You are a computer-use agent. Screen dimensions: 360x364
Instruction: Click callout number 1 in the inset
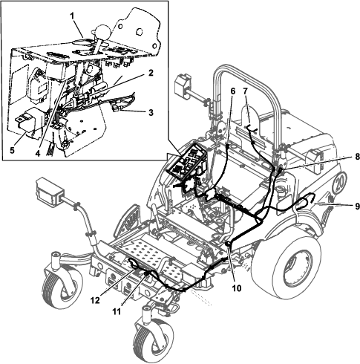(x=72, y=16)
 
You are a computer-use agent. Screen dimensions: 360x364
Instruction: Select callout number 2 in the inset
(x=151, y=73)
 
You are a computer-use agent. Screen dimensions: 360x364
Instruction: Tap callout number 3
(x=151, y=112)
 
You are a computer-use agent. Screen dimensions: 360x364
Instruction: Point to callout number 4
(x=38, y=154)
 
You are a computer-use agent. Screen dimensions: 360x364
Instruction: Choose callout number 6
(x=232, y=91)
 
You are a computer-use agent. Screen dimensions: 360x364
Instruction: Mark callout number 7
(x=245, y=91)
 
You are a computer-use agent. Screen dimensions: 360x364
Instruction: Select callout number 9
(x=357, y=207)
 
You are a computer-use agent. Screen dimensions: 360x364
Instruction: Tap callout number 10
(x=236, y=288)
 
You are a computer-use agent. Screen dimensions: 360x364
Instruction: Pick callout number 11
(x=117, y=311)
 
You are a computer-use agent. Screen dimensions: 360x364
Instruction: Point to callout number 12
(x=95, y=300)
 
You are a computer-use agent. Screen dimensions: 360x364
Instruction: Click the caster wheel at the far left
(x=62, y=288)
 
